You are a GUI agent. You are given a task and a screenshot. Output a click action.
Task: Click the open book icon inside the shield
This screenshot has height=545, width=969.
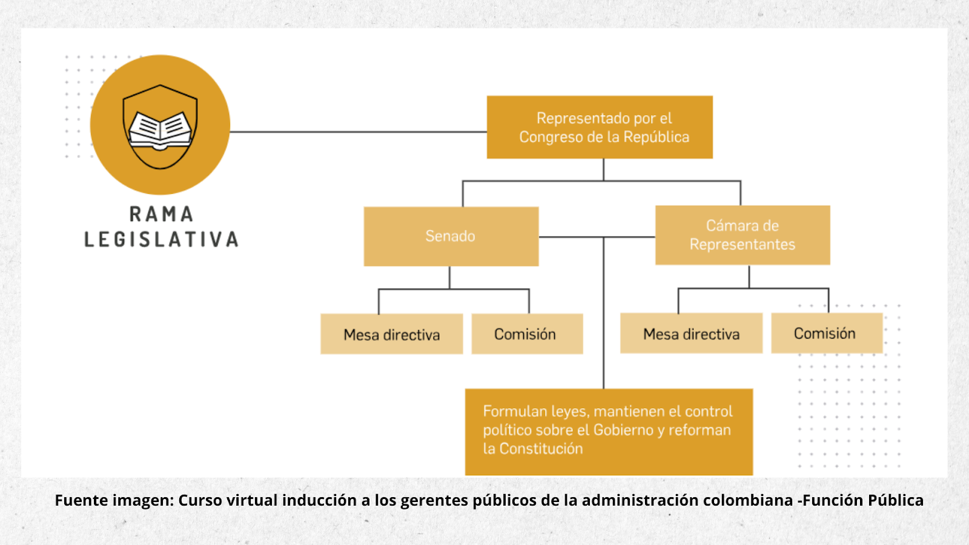160,131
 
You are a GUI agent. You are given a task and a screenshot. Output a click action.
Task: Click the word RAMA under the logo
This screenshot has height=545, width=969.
161,214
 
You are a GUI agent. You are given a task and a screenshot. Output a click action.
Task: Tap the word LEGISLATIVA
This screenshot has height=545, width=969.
161,239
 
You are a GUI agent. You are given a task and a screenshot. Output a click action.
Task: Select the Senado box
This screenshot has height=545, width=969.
451,237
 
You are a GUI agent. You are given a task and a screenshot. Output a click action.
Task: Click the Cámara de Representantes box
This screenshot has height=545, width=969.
742,235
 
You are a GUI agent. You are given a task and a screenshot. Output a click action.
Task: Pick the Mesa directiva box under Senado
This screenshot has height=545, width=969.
391,334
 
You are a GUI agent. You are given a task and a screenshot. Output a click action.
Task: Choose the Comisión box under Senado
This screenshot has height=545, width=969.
527,334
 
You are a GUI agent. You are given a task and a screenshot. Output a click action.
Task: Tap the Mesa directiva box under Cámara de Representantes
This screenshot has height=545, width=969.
691,334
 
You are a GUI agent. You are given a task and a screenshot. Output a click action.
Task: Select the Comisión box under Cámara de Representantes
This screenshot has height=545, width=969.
827,333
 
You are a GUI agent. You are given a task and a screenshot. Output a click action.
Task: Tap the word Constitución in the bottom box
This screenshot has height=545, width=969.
541,449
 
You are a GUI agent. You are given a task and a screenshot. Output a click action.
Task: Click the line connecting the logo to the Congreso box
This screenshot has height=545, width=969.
358,132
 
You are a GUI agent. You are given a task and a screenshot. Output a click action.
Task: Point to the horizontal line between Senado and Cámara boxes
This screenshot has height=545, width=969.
597,237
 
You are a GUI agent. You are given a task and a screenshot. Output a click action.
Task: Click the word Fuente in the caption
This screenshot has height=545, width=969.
81,500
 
